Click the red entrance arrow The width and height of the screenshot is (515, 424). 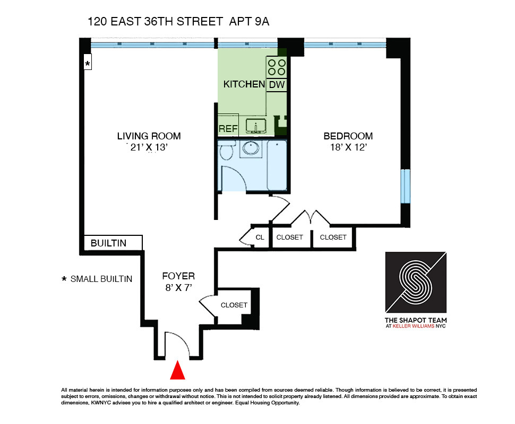click(x=177, y=370)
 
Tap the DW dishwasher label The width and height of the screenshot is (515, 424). click(x=277, y=84)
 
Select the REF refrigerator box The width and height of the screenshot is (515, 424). click(x=228, y=128)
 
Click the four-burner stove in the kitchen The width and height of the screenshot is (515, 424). click(x=277, y=67)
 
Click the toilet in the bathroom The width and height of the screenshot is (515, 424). click(x=226, y=150)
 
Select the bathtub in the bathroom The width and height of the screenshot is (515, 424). click(x=277, y=165)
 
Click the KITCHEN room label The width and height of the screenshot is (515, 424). click(x=244, y=84)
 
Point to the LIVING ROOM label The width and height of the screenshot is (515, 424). click(x=149, y=136)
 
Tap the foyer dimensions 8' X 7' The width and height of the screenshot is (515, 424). click(x=178, y=288)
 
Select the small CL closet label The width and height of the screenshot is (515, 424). click(x=260, y=237)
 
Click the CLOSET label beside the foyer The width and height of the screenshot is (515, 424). click(x=234, y=305)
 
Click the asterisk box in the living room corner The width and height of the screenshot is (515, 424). click(x=88, y=64)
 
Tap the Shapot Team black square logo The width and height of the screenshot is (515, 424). click(x=416, y=282)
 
